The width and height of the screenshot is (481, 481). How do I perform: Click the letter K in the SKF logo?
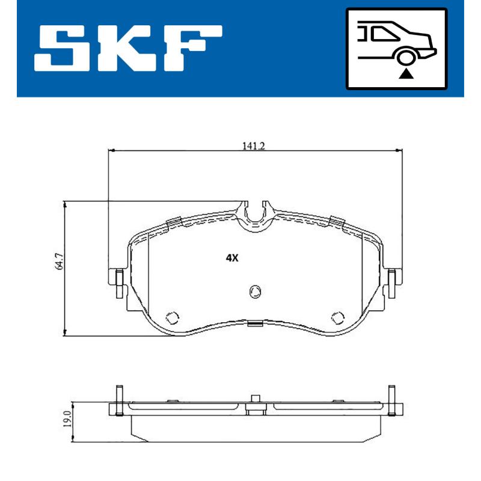tap(129, 49)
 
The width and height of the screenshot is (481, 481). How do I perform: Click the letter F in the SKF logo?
tap(191, 49)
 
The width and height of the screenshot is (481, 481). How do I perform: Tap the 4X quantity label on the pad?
tap(233, 258)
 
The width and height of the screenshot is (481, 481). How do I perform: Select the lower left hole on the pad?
tap(173, 317)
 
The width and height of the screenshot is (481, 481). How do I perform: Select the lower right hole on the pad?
tap(339, 317)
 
